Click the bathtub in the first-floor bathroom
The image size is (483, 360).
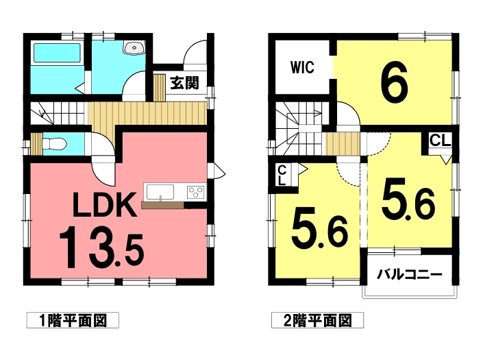[58, 53]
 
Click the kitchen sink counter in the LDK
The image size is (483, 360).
[160, 191]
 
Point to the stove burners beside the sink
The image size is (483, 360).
[194, 191]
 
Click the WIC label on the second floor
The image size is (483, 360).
[301, 68]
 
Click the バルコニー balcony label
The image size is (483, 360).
[408, 275]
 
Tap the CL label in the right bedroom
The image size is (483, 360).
[440, 141]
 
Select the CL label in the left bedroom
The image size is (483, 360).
[282, 176]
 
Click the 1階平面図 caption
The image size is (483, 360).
[73, 320]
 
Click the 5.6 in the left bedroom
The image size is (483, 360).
[319, 228]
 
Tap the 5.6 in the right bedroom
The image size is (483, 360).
[408, 198]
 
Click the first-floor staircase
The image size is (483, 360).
[58, 112]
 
